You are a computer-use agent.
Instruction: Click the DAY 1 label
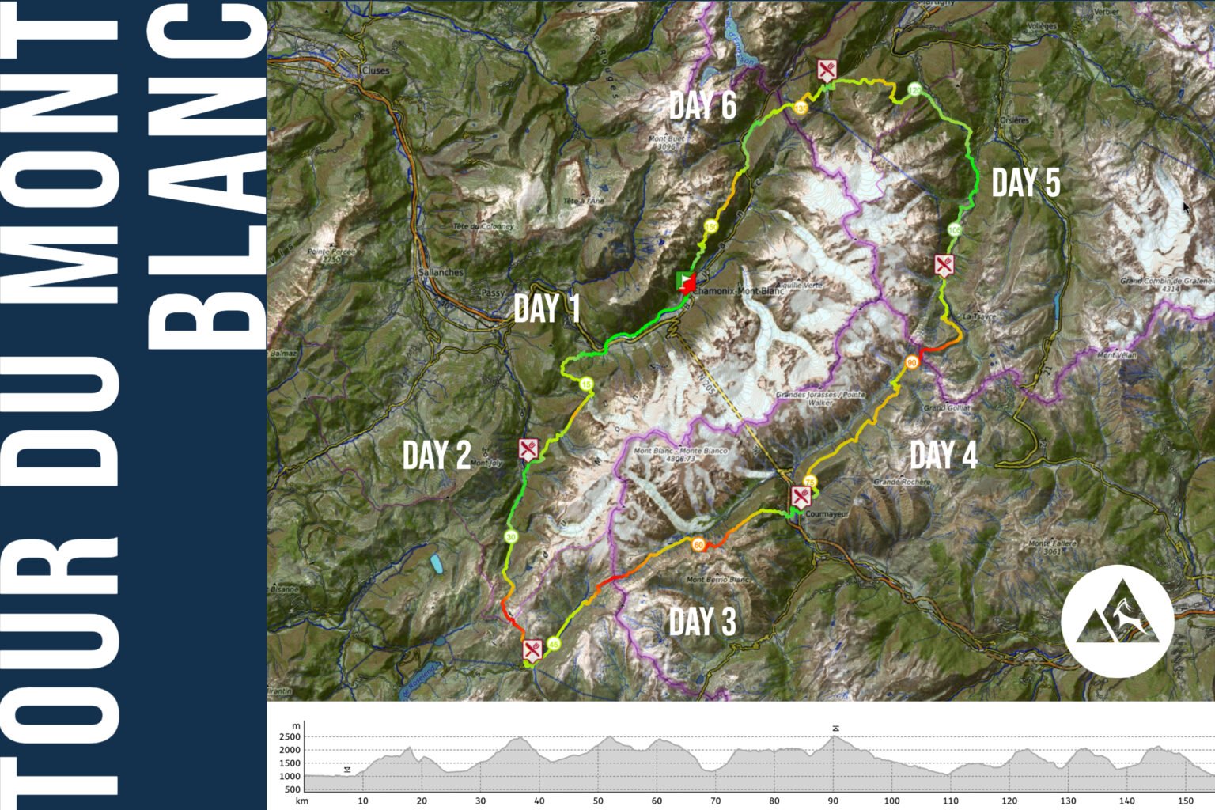coord(547,308)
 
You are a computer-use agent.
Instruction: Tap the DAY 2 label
coord(437,455)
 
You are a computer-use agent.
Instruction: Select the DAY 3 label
coord(702,622)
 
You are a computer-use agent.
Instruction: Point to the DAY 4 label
coord(943,455)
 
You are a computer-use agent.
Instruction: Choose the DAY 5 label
coord(1026,183)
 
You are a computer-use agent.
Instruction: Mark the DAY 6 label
coord(702,105)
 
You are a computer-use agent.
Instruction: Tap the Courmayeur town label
coord(827,514)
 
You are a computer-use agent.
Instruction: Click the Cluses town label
coord(376,70)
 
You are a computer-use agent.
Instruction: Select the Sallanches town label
coord(441,272)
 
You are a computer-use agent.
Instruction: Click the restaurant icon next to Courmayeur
coord(801,497)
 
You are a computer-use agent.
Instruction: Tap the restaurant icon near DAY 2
coord(528,449)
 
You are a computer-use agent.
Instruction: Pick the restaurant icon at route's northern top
coord(827,70)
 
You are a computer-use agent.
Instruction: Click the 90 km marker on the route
coord(912,362)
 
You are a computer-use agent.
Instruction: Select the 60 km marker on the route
coord(698,545)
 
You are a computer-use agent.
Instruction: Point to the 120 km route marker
coord(914,90)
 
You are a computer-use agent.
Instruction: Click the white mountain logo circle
coord(1117,621)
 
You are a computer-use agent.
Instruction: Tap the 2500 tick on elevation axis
coord(290,737)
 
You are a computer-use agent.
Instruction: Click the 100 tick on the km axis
coord(891,801)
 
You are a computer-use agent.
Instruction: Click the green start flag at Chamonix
coord(681,280)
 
